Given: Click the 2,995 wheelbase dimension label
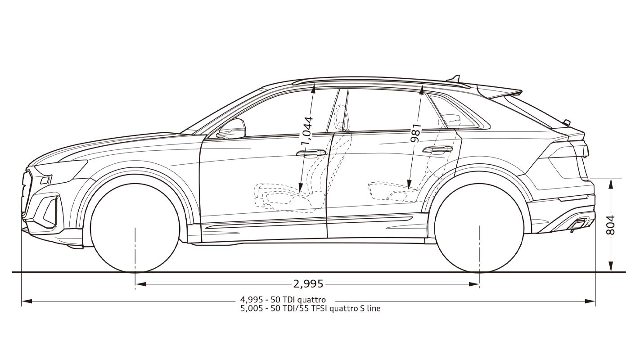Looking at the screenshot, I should click(x=308, y=284).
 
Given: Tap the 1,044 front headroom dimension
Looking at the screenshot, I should click(x=307, y=131).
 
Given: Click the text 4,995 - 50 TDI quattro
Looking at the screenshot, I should click(x=283, y=300).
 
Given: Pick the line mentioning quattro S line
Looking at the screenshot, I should click(x=310, y=309).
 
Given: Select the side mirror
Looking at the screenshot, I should click(x=232, y=129).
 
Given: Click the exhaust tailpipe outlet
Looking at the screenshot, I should click(x=580, y=223).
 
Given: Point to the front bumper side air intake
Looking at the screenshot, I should click(x=50, y=209).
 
